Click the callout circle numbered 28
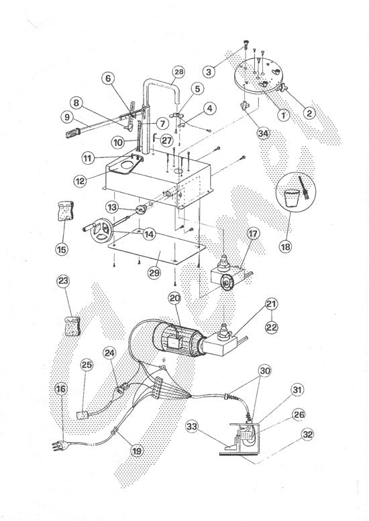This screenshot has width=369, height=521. click(x=178, y=71)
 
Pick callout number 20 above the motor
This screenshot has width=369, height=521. click(x=174, y=298)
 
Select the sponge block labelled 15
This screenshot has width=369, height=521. click(x=64, y=212)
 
